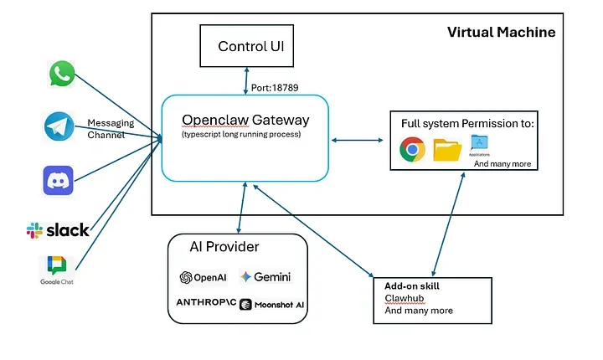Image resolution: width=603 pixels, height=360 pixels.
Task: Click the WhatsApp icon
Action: [62, 75]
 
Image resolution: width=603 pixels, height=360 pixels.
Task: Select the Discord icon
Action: [59, 180]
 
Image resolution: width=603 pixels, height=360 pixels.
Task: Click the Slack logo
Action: [58, 230]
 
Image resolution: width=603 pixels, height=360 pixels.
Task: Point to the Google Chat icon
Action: [56, 266]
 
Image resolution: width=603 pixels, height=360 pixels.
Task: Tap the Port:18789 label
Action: [275, 87]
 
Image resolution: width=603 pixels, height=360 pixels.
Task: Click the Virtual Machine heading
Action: [501, 32]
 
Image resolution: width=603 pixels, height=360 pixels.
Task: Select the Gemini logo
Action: [265, 276]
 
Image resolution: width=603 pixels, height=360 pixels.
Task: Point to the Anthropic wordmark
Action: [204, 302]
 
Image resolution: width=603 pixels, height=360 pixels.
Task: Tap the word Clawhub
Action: [404, 298]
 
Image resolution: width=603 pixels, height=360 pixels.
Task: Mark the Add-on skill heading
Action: [412, 285]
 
